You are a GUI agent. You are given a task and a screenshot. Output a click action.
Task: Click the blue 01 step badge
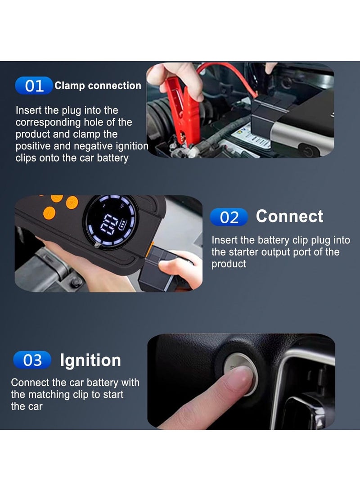34,86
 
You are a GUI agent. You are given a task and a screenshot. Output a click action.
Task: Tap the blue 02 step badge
229,217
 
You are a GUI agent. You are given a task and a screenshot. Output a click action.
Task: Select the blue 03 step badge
32,360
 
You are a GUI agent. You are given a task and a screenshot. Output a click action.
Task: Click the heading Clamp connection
98,86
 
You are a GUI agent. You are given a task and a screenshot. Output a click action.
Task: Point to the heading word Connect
289,216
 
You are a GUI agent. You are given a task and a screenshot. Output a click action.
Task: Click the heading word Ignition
90,360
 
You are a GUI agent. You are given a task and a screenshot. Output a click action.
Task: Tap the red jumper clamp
183,110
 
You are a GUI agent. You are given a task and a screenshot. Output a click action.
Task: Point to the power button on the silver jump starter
308,152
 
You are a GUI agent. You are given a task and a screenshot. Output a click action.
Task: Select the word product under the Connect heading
229,264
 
